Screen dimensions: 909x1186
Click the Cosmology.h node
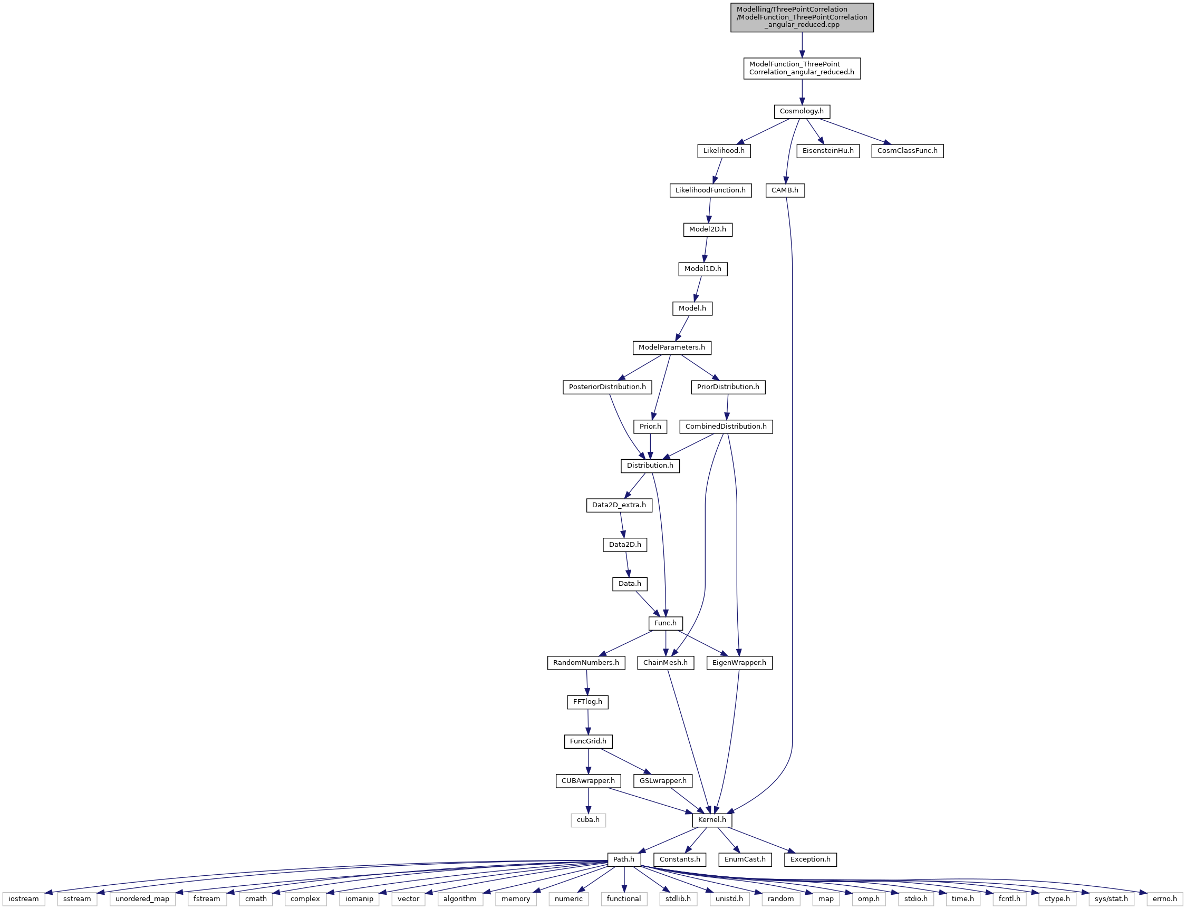click(802, 111)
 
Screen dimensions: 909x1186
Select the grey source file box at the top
click(802, 17)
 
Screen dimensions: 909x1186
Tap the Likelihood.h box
click(724, 151)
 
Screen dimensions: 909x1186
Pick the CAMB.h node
click(785, 190)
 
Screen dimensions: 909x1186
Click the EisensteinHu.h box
click(828, 151)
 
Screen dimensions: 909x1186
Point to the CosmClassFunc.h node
click(907, 151)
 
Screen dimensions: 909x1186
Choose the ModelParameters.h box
click(671, 347)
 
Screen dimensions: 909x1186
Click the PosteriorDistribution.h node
click(607, 388)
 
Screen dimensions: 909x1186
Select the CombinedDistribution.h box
click(726, 427)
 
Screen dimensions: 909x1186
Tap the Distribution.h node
click(650, 466)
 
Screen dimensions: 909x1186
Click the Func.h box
click(665, 623)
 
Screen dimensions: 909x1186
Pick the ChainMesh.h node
click(665, 663)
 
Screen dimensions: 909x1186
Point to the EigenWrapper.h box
click(739, 663)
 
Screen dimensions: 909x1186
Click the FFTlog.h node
click(587, 702)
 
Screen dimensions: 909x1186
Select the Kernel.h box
click(712, 820)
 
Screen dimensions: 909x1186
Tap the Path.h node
click(623, 859)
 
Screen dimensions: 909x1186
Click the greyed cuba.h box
click(588, 820)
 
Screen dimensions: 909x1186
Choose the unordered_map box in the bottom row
click(142, 899)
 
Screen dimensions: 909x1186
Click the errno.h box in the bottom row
click(1164, 899)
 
